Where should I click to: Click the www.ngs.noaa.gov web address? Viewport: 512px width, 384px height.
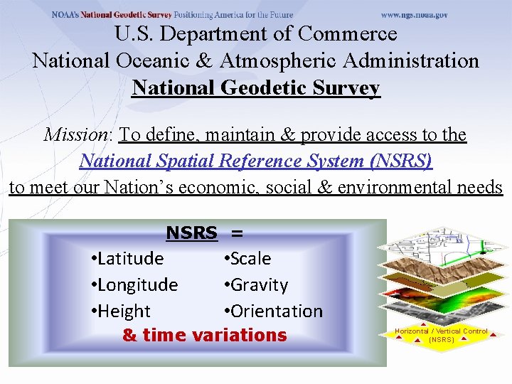point(415,15)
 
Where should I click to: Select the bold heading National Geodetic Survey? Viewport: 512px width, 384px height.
point(256,88)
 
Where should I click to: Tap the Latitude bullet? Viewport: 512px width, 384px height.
point(128,258)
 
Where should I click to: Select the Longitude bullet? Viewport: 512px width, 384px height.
point(135,284)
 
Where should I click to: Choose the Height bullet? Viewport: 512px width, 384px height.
point(122,311)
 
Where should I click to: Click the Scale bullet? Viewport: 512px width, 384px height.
point(248,258)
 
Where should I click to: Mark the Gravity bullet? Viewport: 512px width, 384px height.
point(257,284)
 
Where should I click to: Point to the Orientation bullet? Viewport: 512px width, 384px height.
point(274,311)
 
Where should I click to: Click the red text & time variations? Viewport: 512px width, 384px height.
point(205,335)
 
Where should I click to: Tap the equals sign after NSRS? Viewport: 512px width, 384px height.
point(237,233)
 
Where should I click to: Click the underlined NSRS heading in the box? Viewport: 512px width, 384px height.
point(191,233)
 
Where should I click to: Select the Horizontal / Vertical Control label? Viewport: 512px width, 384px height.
point(442,334)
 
